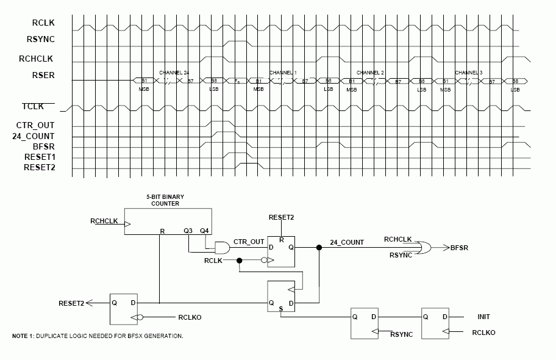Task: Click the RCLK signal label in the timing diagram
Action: tap(44, 23)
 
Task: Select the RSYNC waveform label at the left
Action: tap(41, 40)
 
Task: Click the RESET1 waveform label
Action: tap(39, 157)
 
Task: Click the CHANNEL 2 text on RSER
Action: tap(370, 73)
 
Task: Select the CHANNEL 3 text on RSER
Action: tap(468, 73)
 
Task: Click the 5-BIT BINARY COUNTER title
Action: tap(165, 200)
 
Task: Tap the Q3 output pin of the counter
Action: tap(188, 231)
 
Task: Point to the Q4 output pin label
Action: tap(204, 231)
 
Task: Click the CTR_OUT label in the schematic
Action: tap(249, 242)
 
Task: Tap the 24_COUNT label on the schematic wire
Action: tap(347, 242)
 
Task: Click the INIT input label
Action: tap(483, 317)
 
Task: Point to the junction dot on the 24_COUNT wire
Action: tap(318, 248)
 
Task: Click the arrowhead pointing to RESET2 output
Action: tap(90, 302)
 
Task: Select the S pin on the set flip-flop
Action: tap(280, 309)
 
